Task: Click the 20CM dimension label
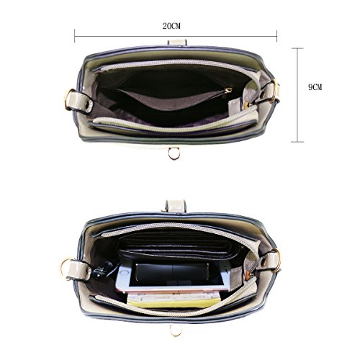[x=171, y=26]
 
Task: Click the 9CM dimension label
[x=315, y=87]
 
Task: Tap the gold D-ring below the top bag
[x=174, y=154]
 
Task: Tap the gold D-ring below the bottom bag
[x=176, y=330]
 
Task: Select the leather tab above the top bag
[x=177, y=42]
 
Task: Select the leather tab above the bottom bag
[x=176, y=206]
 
